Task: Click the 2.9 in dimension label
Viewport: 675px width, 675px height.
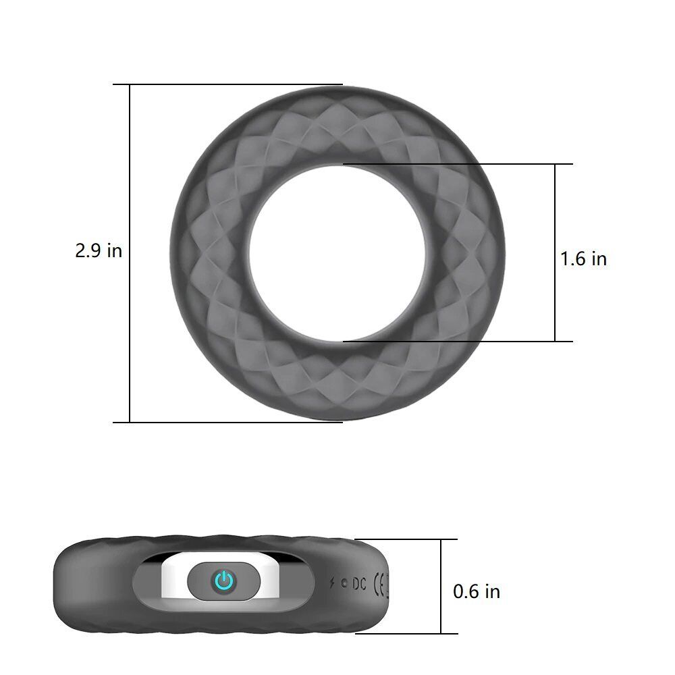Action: pos(99,251)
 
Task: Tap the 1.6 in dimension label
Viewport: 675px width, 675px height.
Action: pos(584,259)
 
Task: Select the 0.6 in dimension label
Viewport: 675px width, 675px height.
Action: pos(477,592)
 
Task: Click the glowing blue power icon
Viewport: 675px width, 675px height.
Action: pos(223,580)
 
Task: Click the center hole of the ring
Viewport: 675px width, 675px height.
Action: pos(337,253)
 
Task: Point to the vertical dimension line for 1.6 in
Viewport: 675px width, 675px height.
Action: pos(555,202)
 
